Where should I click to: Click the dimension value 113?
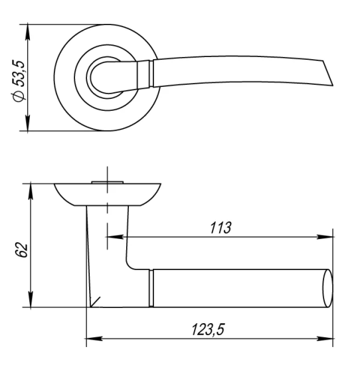(x=220, y=228)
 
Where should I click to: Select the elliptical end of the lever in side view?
(x=327, y=289)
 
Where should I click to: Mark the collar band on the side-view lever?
(x=151, y=289)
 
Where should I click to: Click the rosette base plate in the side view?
(x=107, y=193)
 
